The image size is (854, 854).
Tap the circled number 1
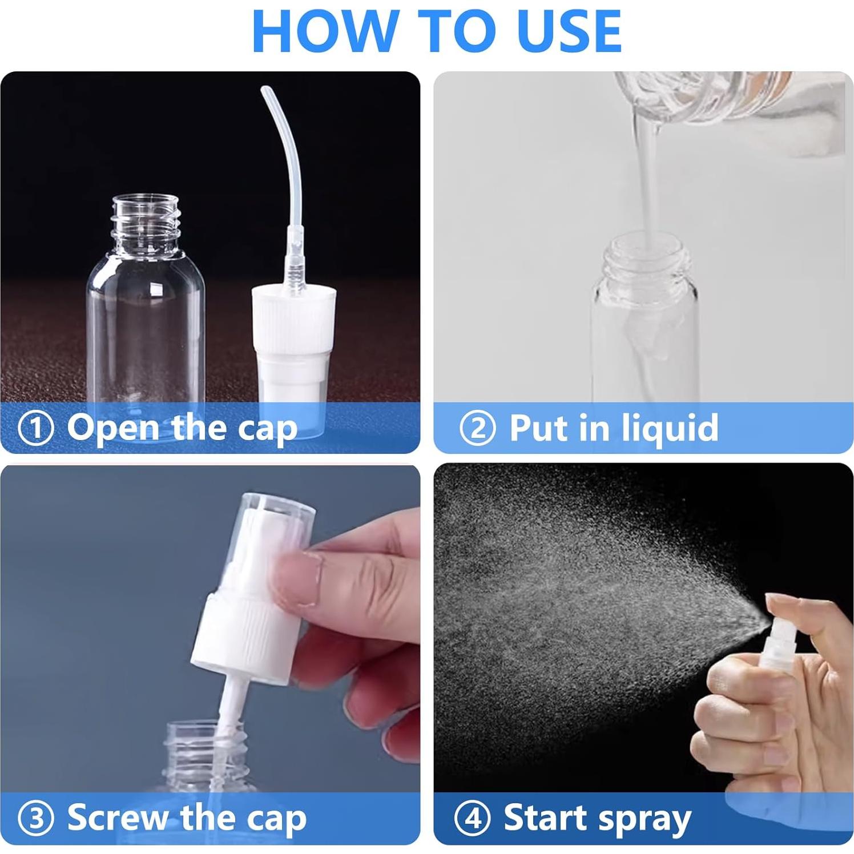coord(36,429)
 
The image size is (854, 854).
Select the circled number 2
coord(477,428)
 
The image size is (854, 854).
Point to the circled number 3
coord(36,818)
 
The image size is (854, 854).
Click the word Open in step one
coord(114,428)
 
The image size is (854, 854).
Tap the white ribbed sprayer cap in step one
coord(293,320)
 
